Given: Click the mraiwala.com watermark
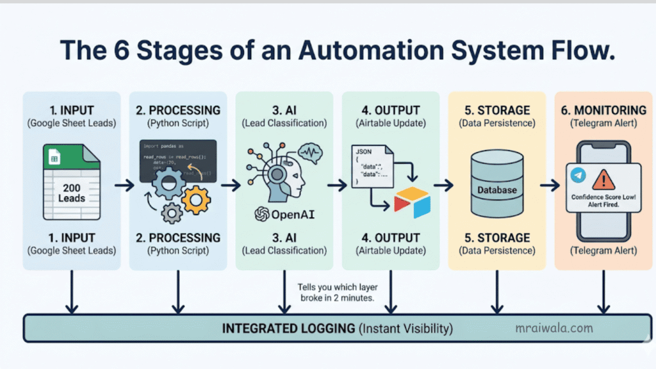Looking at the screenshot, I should pos(554,328).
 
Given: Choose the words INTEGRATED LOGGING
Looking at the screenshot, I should pos(288,329).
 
